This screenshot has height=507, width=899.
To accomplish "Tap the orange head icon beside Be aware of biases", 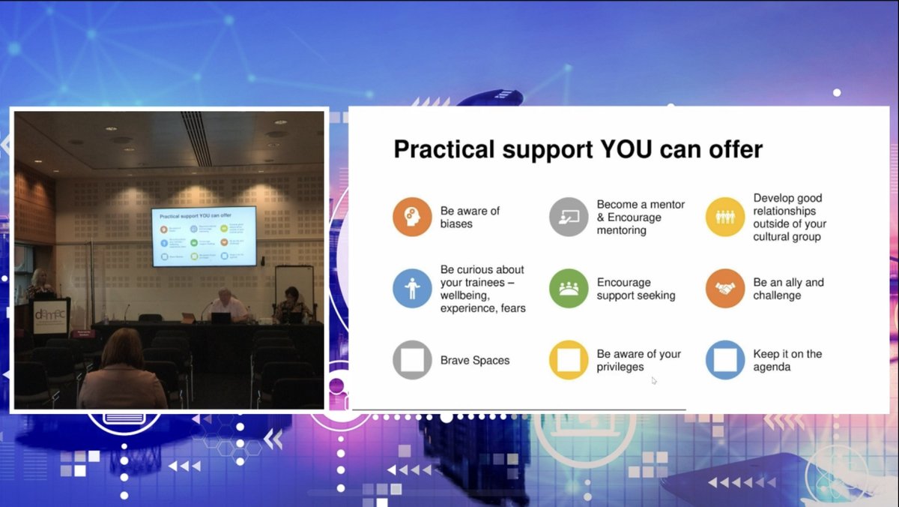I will point(412,217).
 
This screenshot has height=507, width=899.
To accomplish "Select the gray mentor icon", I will point(569,217).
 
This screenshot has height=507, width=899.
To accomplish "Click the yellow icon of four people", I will point(725,217).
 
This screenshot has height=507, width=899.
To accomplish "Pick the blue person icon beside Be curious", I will point(412,289).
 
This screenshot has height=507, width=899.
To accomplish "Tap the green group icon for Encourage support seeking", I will point(569,289).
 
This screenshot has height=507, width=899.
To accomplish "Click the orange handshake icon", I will point(725,289).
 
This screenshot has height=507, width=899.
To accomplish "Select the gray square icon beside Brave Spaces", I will point(412,360).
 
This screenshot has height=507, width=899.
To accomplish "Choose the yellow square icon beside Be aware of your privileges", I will point(569,360).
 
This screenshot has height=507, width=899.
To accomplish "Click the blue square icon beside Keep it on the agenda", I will point(725,360).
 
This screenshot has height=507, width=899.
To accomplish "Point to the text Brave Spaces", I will point(475,361).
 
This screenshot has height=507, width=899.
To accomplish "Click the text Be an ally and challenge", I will point(788,289).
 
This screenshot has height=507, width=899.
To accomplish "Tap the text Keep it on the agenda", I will point(787,360).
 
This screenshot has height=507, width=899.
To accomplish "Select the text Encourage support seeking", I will point(636,289).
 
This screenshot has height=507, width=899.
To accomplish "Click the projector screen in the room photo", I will point(204,236).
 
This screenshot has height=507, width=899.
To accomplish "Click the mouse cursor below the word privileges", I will point(654,381).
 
